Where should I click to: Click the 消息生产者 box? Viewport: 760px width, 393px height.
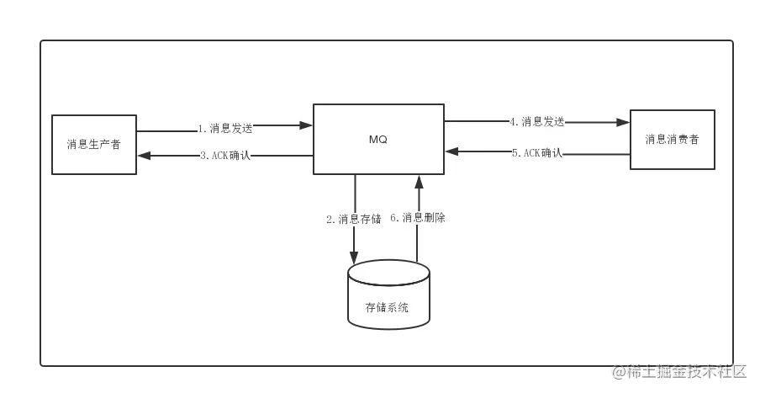94,145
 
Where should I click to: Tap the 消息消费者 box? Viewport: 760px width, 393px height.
673,140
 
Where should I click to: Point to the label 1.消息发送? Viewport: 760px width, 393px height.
224,129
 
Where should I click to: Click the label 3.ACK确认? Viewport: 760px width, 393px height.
224,156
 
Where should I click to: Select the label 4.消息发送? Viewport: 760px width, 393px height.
536,121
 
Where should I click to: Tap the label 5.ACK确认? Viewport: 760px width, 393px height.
536,152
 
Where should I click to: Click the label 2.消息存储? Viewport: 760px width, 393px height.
353,219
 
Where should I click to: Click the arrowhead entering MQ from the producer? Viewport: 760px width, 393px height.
306,125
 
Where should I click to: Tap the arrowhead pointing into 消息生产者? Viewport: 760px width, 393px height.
144,155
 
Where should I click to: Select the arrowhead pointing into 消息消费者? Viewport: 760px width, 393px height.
623,122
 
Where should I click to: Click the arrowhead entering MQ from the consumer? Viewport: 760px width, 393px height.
451,151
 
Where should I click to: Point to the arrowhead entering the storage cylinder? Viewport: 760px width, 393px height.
354,258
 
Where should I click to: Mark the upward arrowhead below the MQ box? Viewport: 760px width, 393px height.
418,182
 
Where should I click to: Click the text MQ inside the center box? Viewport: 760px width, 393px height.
378,140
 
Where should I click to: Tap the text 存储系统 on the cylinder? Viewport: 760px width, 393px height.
388,308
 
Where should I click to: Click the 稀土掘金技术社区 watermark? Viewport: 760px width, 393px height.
679,371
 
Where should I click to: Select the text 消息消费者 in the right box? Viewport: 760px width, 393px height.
672,140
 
